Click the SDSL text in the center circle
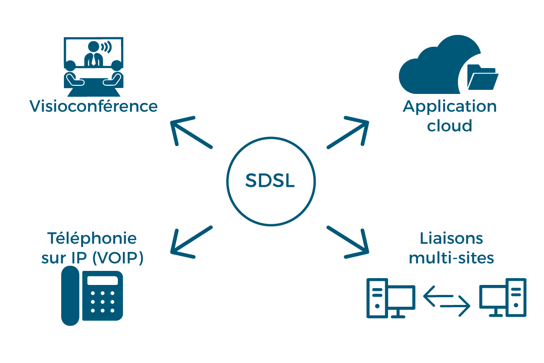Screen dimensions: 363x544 point(270,181)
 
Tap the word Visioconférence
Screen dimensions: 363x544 point(93,107)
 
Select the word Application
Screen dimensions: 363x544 point(450,108)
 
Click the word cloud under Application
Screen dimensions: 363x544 point(450,125)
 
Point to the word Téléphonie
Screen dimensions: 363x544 point(92,238)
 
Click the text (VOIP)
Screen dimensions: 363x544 point(117,258)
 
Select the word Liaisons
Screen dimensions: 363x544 point(451,238)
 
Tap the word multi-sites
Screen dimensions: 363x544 point(451,258)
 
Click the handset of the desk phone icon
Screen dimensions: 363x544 point(70,295)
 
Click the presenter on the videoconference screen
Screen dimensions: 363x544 point(93,54)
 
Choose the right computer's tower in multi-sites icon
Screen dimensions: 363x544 point(516,297)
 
